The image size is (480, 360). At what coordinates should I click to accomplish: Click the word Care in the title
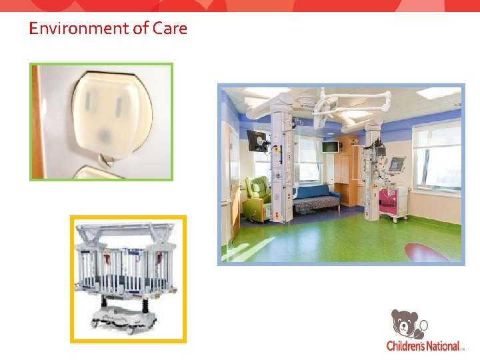click(170, 29)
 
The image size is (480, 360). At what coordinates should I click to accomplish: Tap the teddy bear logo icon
click(407, 324)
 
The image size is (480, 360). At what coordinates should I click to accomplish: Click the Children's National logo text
click(423, 346)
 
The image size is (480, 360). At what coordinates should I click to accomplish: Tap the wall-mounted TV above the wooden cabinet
click(331, 146)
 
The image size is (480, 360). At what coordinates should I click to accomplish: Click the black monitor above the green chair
click(255, 139)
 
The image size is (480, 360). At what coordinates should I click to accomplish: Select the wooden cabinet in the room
click(348, 167)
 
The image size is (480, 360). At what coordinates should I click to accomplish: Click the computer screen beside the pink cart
click(397, 164)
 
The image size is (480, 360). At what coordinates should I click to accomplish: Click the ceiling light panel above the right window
click(437, 93)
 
